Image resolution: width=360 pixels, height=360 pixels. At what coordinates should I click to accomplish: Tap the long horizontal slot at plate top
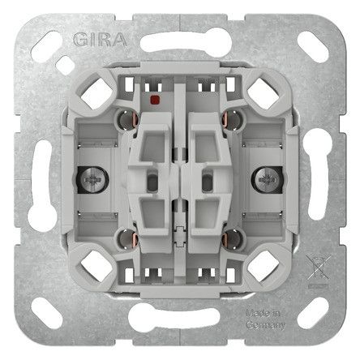pyautogui.click(x=180, y=37)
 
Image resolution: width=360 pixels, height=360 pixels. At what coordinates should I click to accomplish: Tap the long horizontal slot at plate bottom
pyautogui.click(x=180, y=323)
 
